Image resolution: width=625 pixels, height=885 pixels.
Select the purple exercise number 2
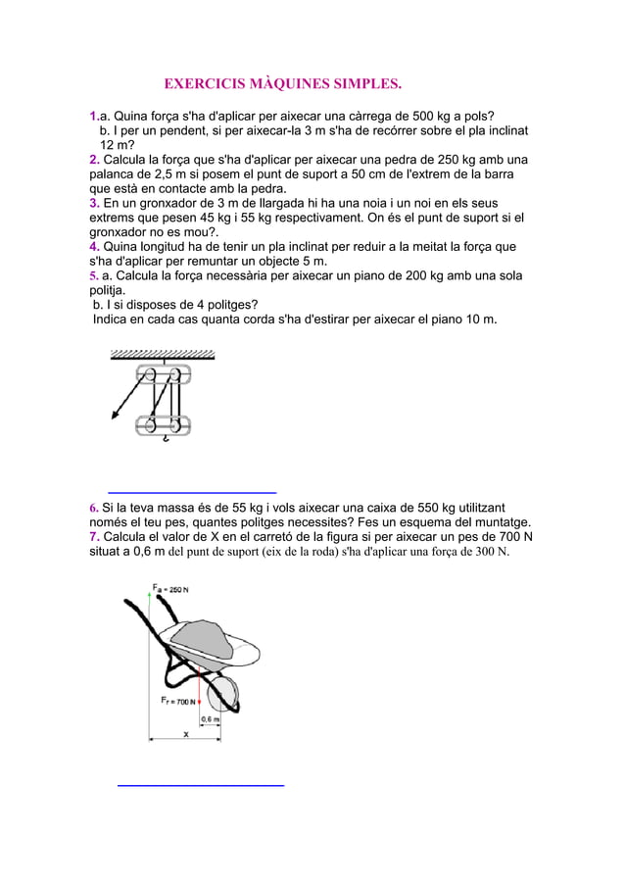94,160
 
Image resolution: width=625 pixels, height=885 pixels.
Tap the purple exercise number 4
94,247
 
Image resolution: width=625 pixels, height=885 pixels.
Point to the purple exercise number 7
94,536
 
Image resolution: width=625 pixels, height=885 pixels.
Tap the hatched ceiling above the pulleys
163,355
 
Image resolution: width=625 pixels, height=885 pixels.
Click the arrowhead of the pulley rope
116,416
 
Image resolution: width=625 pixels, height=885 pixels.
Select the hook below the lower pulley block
167,440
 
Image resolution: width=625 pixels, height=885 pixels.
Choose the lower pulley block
163,425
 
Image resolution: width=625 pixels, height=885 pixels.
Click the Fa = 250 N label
171,590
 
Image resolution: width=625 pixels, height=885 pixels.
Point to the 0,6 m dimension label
210,718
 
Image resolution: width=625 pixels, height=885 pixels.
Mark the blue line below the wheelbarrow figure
200,785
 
